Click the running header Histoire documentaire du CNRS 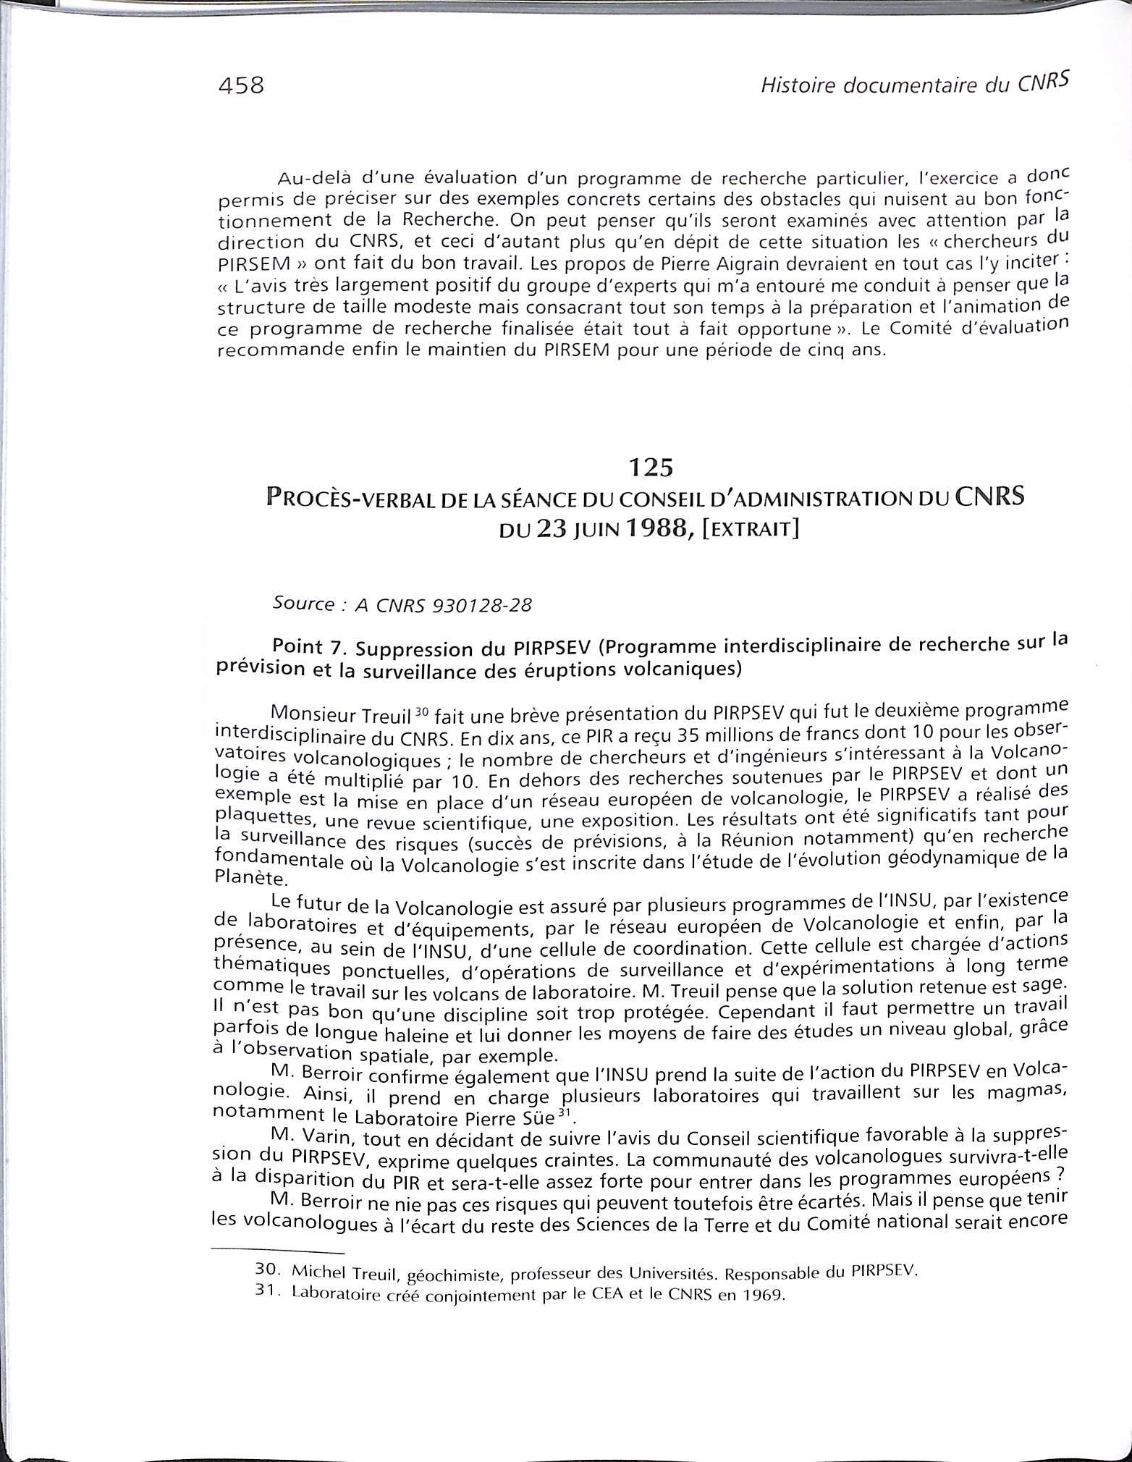pos(914,85)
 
